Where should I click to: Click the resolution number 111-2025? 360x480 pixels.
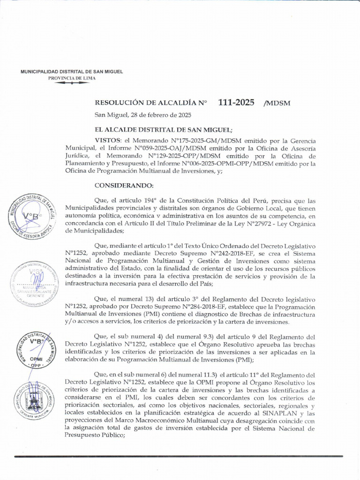236,102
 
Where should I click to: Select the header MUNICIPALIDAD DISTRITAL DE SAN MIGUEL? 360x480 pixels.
72,72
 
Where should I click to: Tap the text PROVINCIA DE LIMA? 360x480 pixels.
72,78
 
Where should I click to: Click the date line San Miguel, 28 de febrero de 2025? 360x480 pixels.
142,115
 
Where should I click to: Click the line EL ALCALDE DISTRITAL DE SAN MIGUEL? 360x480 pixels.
163,129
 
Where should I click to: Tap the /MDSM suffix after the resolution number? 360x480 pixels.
277,103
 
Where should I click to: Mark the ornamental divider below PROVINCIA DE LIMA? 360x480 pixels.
72,83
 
